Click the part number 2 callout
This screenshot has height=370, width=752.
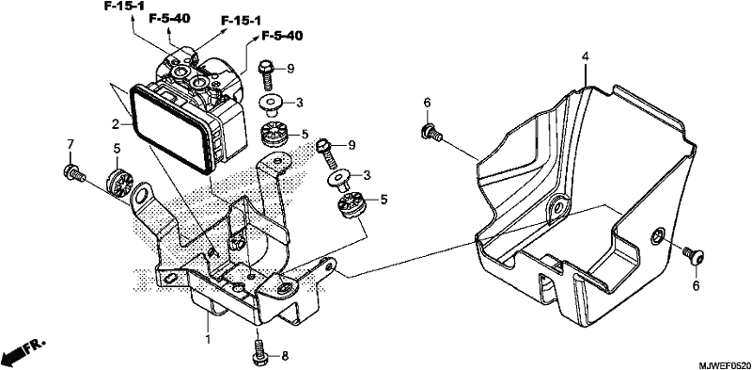coord(115,125)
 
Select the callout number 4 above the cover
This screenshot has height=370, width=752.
coord(585,56)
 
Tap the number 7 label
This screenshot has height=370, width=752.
coord(70,144)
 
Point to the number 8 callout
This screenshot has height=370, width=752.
coord(285,356)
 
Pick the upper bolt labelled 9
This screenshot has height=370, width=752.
coord(265,73)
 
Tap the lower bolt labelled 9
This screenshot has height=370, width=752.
coord(328,153)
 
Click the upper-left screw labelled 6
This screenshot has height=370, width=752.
coord(431,132)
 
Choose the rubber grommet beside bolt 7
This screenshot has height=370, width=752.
coord(119,183)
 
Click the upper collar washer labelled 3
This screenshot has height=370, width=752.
coord(272,105)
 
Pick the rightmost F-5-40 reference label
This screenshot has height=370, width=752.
coord(282,36)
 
